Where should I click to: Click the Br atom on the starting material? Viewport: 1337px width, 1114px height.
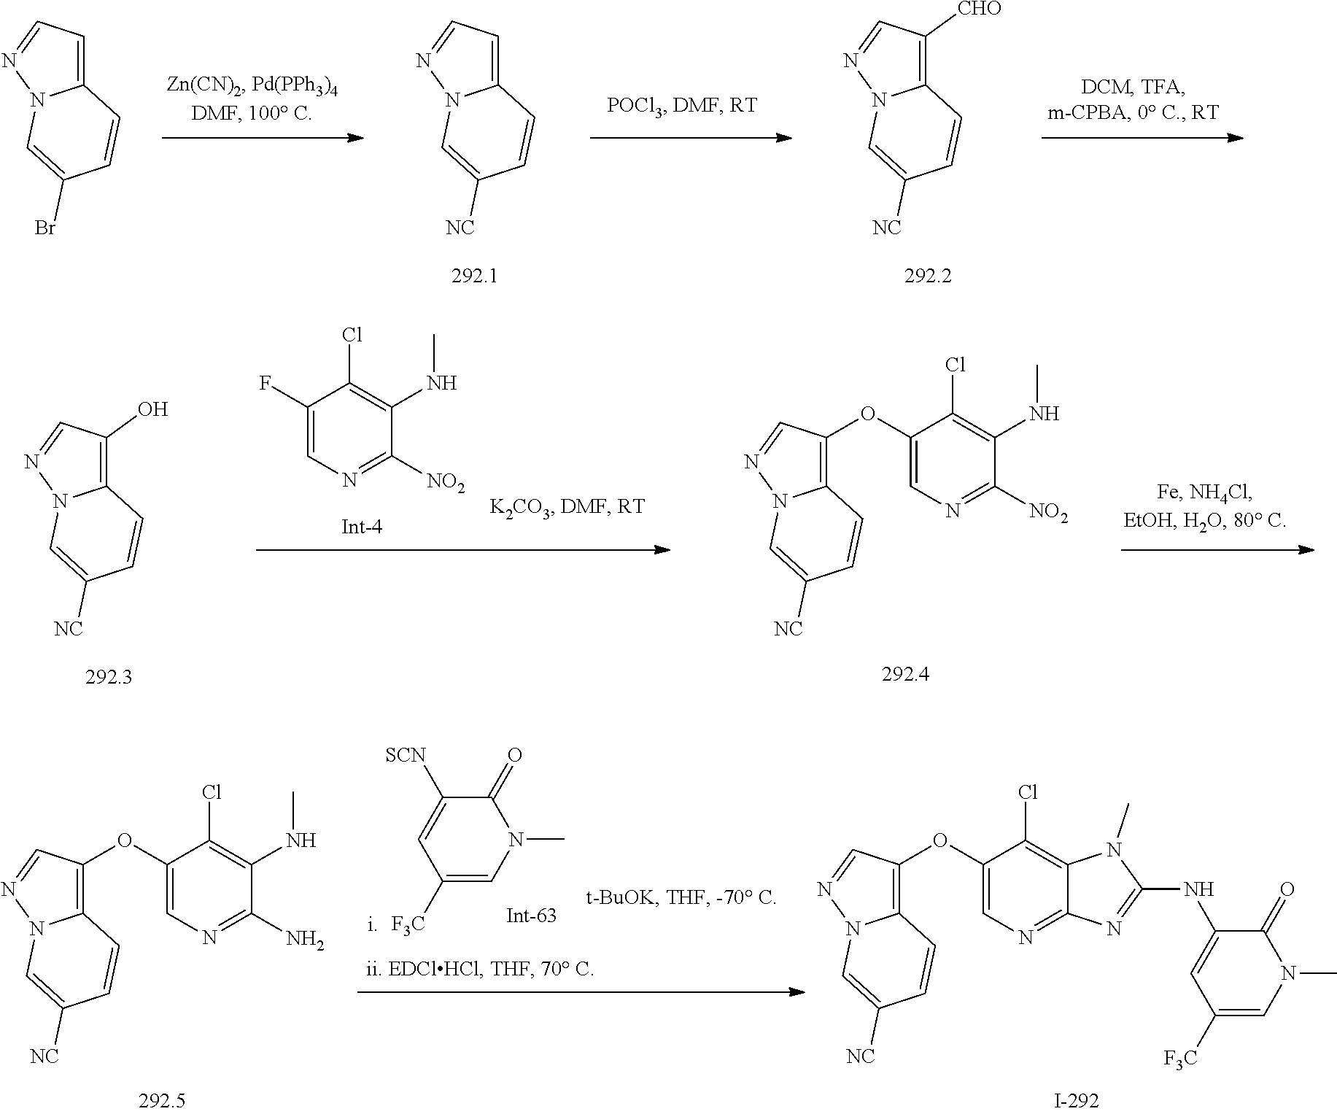coord(45,228)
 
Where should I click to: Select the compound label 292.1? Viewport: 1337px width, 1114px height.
coord(474,276)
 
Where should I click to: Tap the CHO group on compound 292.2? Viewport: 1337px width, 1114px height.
coord(980,9)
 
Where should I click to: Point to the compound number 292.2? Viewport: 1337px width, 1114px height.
coord(928,276)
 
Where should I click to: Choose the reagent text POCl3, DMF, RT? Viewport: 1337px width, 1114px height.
coord(682,106)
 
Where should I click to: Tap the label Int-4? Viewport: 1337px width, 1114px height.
coord(362,525)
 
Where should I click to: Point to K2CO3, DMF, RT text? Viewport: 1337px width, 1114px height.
coord(567,507)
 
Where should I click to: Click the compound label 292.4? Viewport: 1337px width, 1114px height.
coord(905,674)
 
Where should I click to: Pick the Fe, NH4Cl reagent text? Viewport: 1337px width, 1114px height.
coord(1204,492)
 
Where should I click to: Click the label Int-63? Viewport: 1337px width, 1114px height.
coord(532,916)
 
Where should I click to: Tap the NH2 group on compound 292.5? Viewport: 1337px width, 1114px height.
coord(304,940)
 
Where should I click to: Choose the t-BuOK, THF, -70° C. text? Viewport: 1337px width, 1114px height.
coord(681,898)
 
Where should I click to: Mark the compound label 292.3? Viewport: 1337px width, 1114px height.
coord(109,677)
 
